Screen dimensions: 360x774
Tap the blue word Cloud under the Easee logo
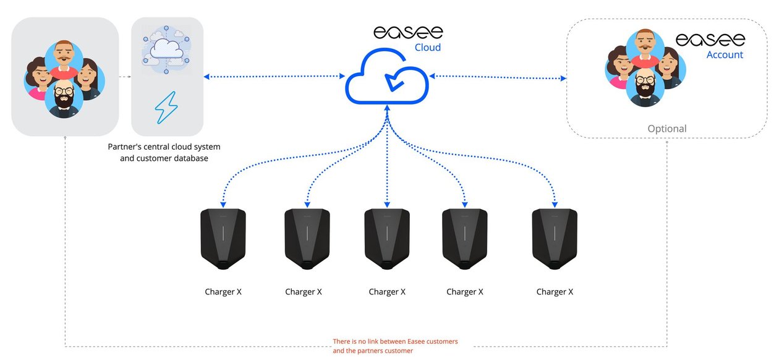click(427, 48)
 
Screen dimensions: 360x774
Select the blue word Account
click(725, 55)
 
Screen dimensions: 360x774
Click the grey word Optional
click(666, 129)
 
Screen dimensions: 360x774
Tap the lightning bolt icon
click(166, 109)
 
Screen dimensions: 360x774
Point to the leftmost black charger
click(223, 238)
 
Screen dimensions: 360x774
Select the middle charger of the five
click(387, 238)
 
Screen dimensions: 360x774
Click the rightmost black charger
click(555, 238)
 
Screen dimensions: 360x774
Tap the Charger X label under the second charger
click(304, 292)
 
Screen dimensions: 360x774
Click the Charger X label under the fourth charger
click(465, 292)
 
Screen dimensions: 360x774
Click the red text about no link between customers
click(396, 346)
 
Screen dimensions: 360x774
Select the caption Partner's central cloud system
click(164, 147)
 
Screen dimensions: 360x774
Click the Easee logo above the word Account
click(710, 40)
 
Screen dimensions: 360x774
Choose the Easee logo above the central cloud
click(408, 32)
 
